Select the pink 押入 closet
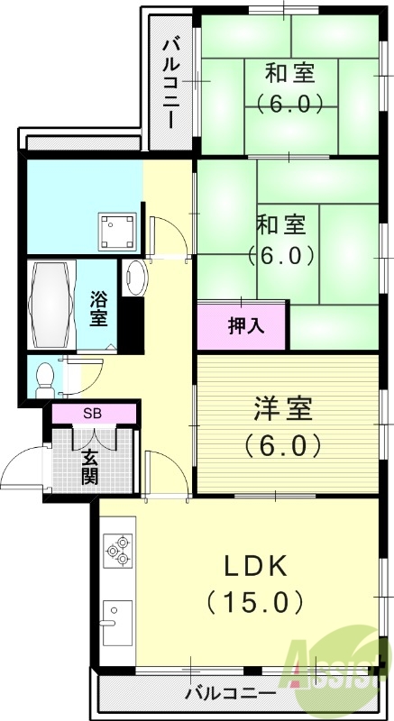[243, 325]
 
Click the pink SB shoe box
[94, 414]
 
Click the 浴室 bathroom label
[99, 306]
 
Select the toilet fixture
[41, 379]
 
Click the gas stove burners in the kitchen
[118, 550]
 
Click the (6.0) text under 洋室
[281, 444]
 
